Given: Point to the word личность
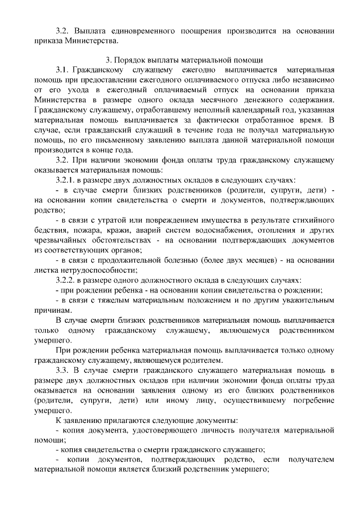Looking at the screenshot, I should coord(226,430).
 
